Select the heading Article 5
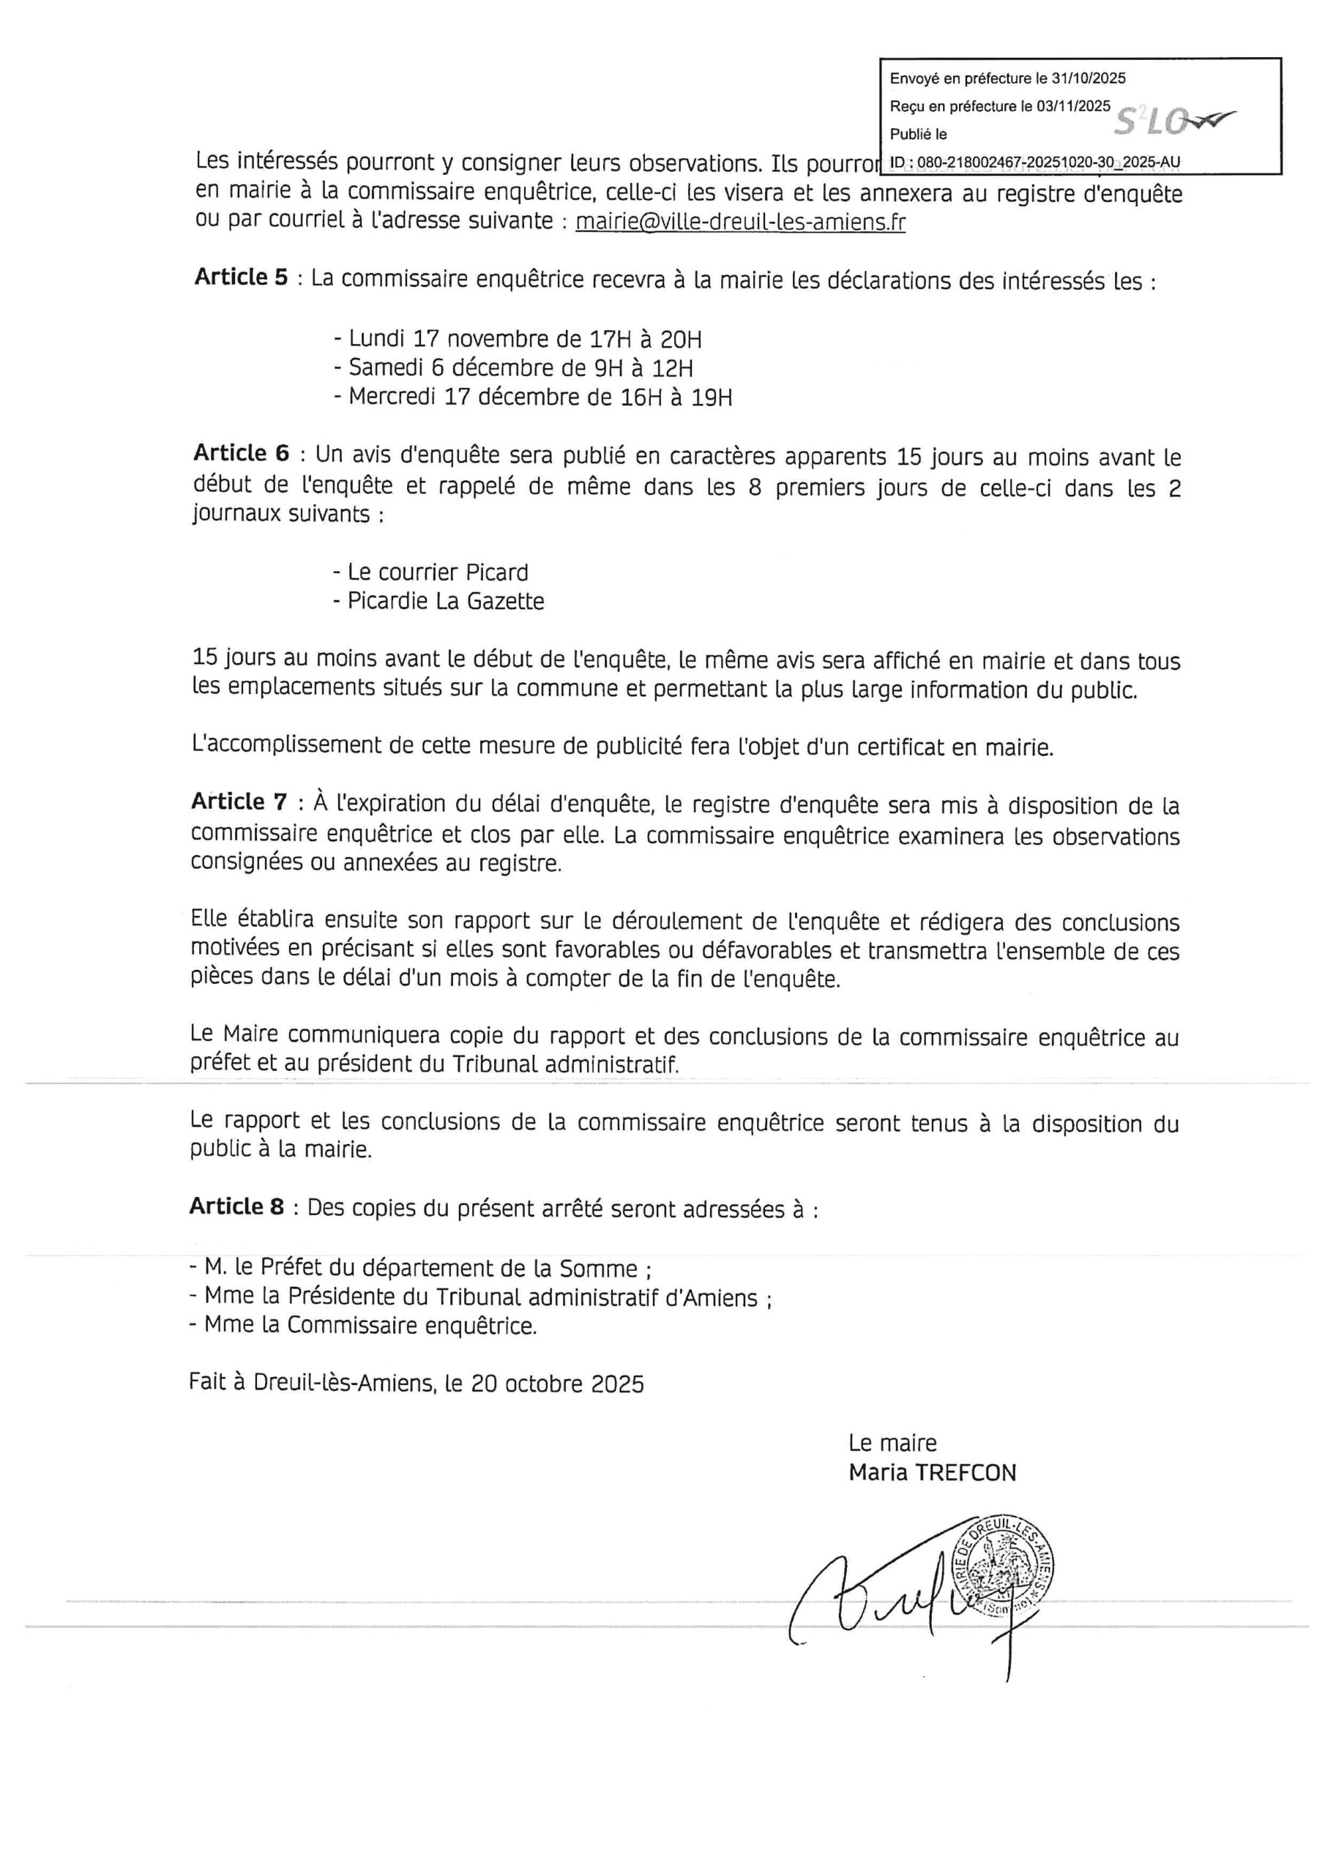[x=241, y=277]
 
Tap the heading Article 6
[x=241, y=454]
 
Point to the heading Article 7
[x=239, y=802]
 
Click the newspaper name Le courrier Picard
[x=430, y=572]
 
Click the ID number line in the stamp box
[x=1035, y=163]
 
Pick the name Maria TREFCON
[x=933, y=1474]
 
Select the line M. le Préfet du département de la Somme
[x=419, y=1269]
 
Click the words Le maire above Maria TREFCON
[x=892, y=1443]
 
